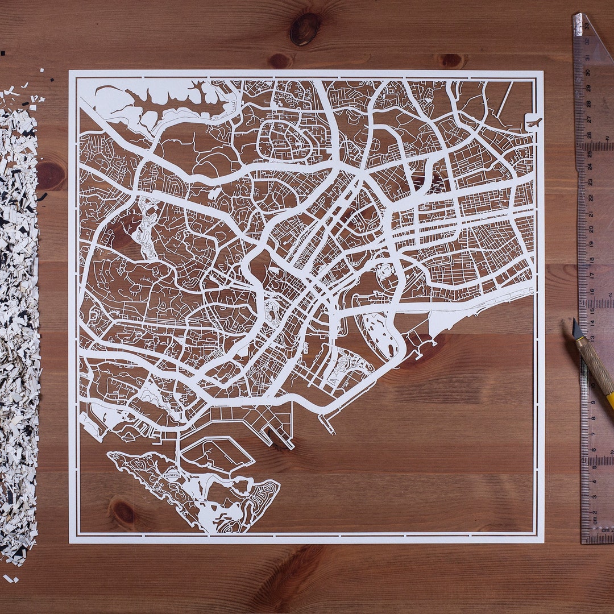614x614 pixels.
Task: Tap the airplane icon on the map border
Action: point(534,122)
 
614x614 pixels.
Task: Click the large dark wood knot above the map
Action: point(305,28)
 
